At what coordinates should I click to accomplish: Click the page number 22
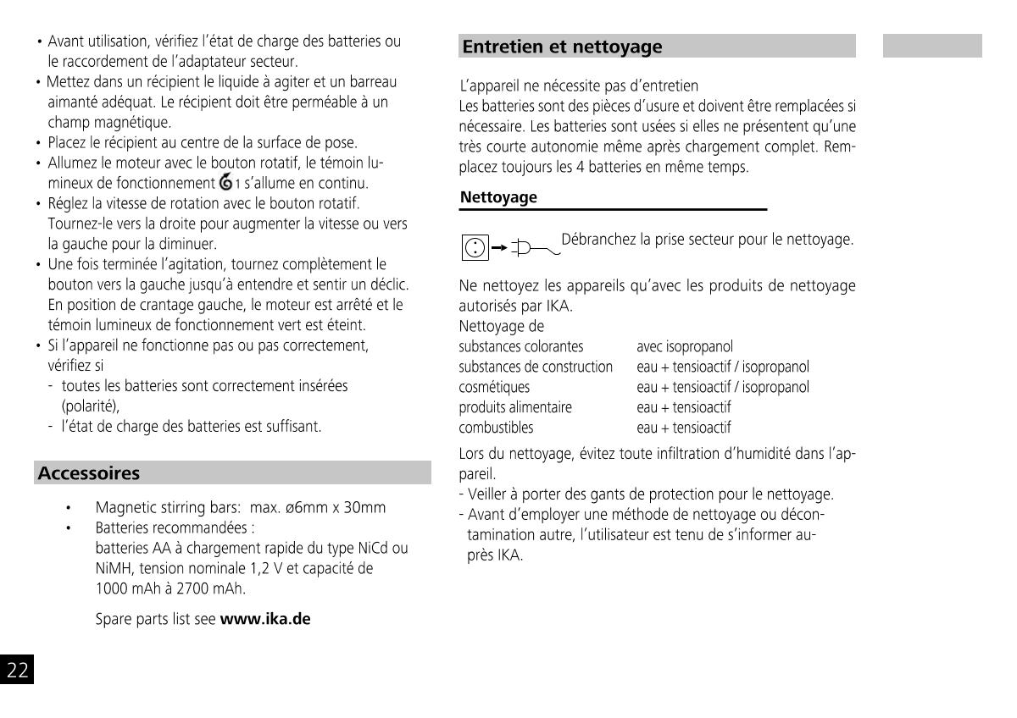(18, 671)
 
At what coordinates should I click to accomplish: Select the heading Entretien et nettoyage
(562, 47)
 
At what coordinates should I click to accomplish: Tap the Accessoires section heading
(89, 473)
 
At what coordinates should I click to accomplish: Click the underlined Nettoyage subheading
(498, 198)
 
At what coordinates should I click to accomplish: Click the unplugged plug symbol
(531, 248)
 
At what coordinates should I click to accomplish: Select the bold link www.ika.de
(265, 619)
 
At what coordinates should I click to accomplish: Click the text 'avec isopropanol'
(685, 346)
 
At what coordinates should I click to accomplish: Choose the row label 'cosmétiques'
(494, 387)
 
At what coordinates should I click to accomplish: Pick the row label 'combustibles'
(496, 428)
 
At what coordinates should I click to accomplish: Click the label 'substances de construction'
(536, 367)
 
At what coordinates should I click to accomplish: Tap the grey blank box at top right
(932, 46)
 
